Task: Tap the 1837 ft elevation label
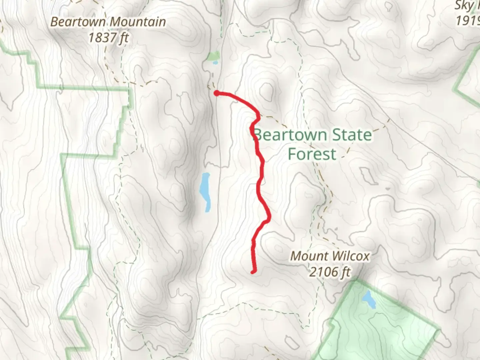(x=109, y=38)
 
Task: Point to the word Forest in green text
(x=312, y=154)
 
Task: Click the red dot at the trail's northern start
(x=217, y=93)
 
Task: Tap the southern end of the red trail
(x=253, y=272)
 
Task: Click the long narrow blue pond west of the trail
(x=205, y=192)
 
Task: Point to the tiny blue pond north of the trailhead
(x=215, y=62)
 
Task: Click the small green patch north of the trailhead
(x=214, y=56)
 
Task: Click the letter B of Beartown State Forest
(x=257, y=135)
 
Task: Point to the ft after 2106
(x=346, y=272)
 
